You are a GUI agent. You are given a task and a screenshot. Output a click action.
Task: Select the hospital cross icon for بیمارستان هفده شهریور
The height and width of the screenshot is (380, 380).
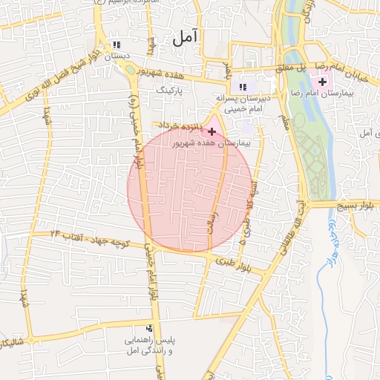point(212,131)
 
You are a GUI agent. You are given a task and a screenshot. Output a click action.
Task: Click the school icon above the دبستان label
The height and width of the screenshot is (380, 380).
point(116,44)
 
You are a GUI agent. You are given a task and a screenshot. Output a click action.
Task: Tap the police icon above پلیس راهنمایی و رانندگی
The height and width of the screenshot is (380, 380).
point(151,327)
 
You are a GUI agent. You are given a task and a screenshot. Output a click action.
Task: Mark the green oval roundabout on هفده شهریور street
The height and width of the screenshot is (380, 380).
point(132,71)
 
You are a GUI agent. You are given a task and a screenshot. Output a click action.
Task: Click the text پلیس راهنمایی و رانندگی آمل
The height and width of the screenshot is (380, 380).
point(151,345)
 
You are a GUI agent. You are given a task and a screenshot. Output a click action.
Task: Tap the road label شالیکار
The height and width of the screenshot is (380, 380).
point(15,341)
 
